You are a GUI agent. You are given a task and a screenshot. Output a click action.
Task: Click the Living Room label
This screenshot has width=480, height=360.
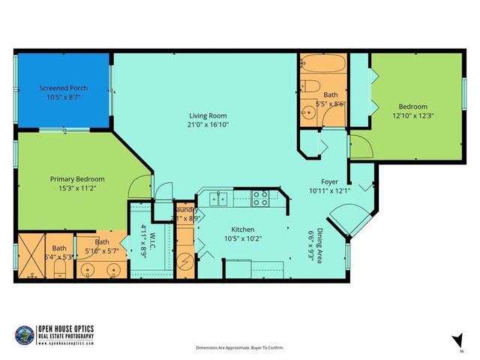click(x=208, y=115)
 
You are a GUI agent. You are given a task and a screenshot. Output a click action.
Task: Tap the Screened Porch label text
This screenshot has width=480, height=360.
click(x=64, y=88)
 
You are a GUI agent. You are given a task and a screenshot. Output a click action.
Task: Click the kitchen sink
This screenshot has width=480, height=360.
click(x=217, y=199)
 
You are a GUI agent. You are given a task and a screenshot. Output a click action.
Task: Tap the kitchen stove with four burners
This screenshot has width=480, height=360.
click(x=260, y=199)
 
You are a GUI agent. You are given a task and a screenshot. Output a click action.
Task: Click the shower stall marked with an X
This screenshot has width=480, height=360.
click(x=31, y=256)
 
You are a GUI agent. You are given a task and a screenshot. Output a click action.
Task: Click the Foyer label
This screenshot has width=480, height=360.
click(x=330, y=181)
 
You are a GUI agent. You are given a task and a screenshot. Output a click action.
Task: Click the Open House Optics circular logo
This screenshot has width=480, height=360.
click(x=25, y=333)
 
